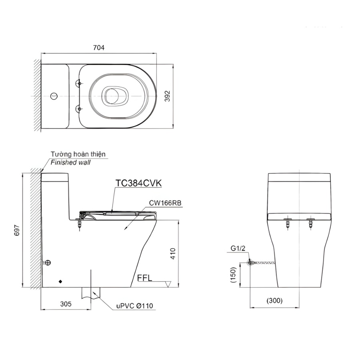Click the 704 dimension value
(99, 48)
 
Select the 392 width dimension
(168, 96)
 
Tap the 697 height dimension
(17, 230)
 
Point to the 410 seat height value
(173, 254)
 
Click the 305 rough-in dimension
(66, 304)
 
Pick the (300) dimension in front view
(274, 300)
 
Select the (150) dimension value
(233, 275)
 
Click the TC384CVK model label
(138, 183)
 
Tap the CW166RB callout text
(165, 203)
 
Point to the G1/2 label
(238, 248)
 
